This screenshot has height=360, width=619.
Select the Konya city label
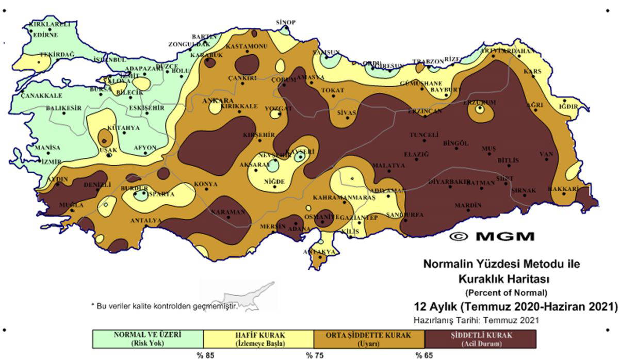pos(205,184)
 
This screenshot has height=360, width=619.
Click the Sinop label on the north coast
pos(285,22)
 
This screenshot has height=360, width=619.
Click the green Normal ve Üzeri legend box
pos(148,338)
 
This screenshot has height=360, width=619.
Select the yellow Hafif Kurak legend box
pos(258,338)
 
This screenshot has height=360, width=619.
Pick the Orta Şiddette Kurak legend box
pos(369,338)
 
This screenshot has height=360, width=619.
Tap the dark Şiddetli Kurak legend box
pos(480,338)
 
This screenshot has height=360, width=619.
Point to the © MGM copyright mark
pos(492,236)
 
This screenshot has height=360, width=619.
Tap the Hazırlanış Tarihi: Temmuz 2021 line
pos(477,320)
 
